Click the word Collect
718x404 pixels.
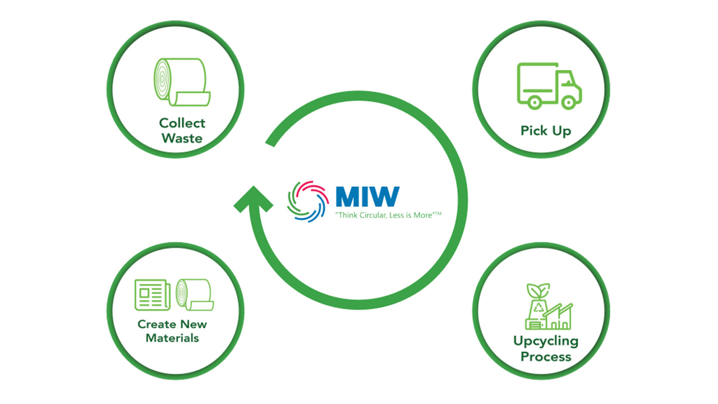182,123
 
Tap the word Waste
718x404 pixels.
182,138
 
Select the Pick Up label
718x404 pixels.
545,131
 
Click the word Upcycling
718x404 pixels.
545,341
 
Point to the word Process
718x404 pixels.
545,357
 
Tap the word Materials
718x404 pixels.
172,338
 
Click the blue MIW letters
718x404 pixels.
367,196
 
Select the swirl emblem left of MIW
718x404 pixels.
307,201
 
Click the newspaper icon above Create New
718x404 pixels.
152,295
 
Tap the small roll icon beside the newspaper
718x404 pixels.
193,295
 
